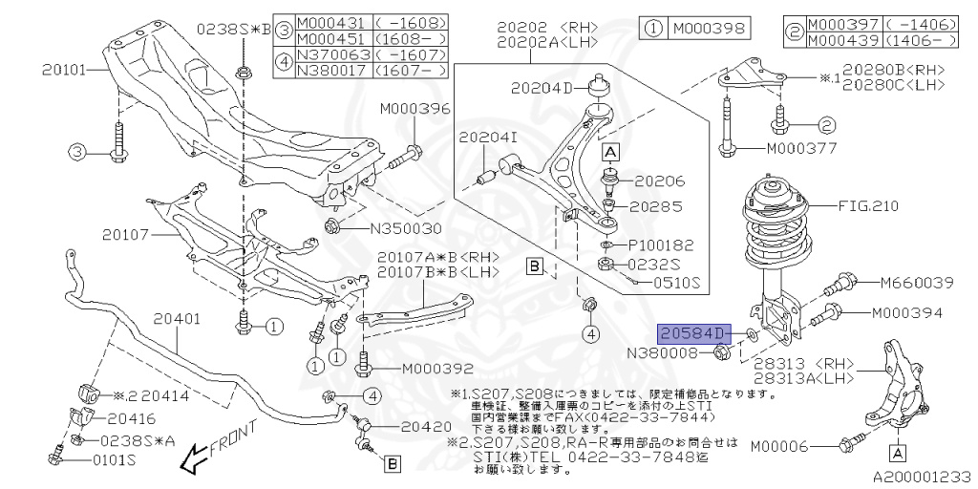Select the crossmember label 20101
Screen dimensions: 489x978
64,69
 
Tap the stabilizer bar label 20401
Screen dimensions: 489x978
176,321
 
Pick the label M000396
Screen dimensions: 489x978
415,109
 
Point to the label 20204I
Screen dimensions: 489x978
487,138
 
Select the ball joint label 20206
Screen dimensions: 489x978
658,179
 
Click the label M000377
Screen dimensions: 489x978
802,148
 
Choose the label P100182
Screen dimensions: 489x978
661,244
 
